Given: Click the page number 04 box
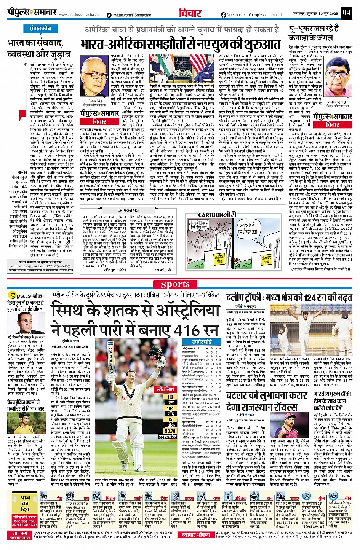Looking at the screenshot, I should pos(346,12).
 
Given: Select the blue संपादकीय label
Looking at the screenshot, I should pos(40,29).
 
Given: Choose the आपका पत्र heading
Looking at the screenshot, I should pos(128,210).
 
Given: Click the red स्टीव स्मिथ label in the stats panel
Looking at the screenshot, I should pos(165,389).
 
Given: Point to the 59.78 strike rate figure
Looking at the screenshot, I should pos(170,431).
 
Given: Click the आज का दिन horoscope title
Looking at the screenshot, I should pos(25,503).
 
